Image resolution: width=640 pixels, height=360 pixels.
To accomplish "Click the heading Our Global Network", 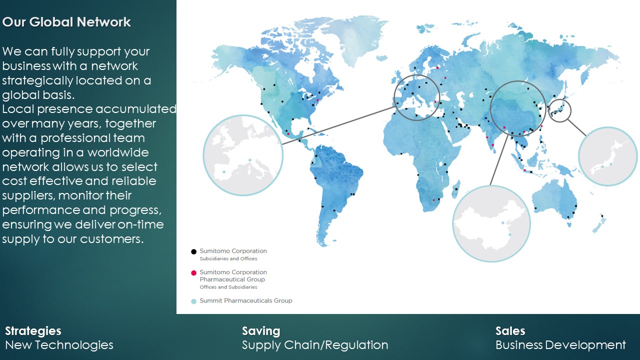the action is click(x=66, y=22).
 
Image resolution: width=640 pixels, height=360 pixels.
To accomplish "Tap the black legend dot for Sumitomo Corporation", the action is click(x=193, y=251).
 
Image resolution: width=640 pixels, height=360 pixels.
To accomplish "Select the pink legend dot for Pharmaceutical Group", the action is click(x=193, y=273).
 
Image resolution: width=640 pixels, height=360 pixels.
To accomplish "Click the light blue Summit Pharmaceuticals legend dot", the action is click(x=193, y=301).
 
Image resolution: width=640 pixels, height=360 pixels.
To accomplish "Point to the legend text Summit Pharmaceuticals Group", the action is click(x=246, y=300).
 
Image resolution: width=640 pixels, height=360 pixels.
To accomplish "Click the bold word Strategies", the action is click(x=33, y=331).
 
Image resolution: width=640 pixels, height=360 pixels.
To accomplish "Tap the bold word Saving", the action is click(x=261, y=331).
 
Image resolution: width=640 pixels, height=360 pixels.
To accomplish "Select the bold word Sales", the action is click(x=510, y=331).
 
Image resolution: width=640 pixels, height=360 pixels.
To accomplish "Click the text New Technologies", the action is click(x=59, y=345).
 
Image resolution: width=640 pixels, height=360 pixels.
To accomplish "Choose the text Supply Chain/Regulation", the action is click(x=315, y=345).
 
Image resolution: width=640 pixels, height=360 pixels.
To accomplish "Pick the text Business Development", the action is click(x=560, y=345).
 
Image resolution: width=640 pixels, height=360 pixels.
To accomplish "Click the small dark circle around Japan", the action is click(x=559, y=99).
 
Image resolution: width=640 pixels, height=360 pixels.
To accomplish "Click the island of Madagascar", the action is click(x=456, y=189).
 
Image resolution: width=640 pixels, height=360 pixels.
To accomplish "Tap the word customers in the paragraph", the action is click(x=111, y=239).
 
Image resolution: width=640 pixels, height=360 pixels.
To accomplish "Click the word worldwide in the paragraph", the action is click(x=118, y=152).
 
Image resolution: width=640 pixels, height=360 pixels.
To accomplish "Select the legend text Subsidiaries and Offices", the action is click(x=228, y=258).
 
